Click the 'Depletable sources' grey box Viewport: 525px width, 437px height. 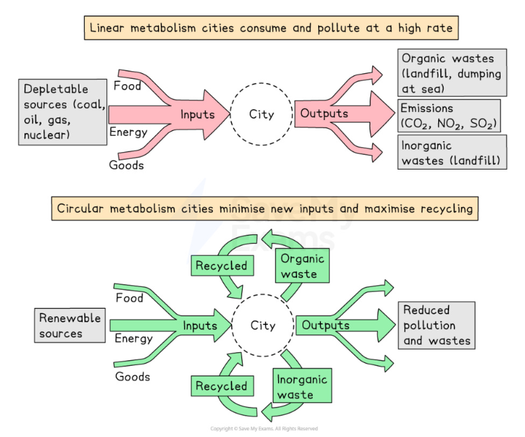point(62,112)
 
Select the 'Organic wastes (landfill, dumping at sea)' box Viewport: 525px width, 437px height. point(452,73)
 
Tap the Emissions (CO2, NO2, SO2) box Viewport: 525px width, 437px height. point(449,115)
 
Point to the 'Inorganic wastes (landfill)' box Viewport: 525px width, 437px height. point(452,152)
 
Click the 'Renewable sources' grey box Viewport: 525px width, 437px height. point(70,326)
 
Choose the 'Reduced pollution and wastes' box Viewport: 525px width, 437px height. point(437,326)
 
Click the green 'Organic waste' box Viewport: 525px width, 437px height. point(303,265)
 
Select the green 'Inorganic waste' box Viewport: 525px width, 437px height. point(303,385)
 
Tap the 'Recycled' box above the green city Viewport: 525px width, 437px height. point(222,265)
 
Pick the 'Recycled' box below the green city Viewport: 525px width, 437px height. point(222,385)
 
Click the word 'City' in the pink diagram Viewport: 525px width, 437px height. point(262,115)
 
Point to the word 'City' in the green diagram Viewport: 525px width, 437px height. point(262,326)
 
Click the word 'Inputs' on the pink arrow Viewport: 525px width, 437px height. point(197,115)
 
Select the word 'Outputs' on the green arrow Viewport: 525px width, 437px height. point(326,325)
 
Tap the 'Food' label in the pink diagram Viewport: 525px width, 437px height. point(128,85)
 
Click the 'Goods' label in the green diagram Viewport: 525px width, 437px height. point(132,377)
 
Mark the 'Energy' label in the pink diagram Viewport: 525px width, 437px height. point(129,132)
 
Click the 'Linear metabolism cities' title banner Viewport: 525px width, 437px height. point(271,28)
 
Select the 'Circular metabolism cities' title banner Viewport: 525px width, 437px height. point(265,208)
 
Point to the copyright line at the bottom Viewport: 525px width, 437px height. point(264,429)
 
